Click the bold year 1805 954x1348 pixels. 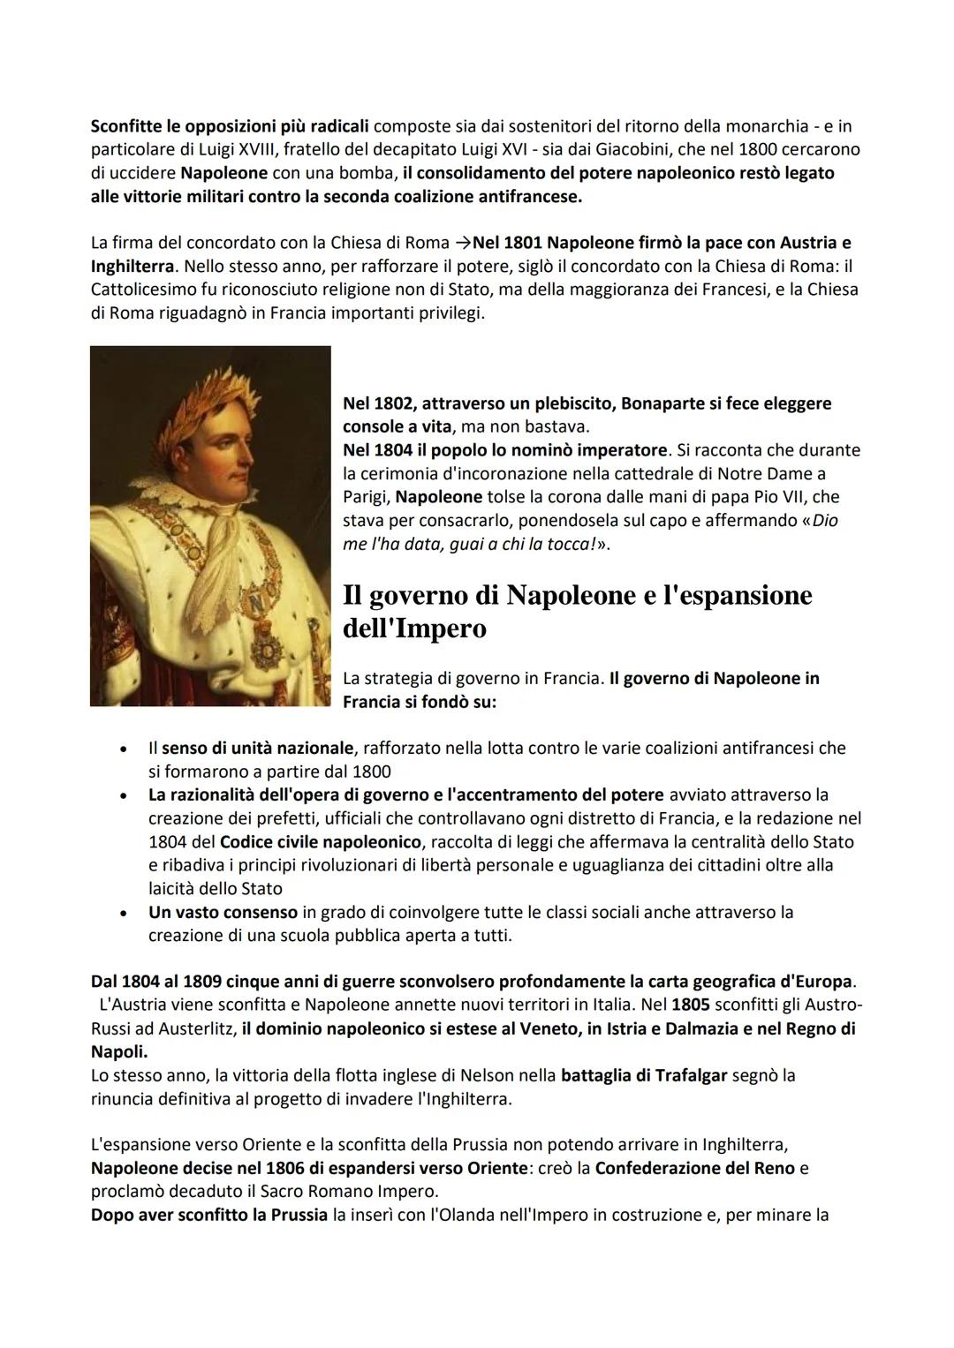(691, 1005)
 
